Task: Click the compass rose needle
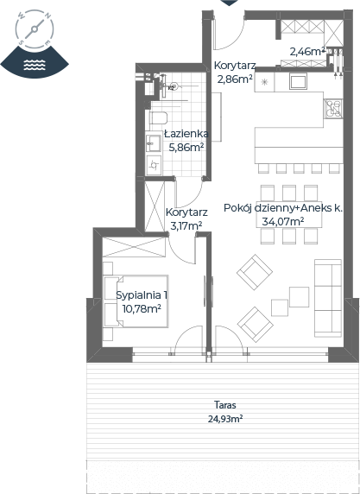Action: point(35,29)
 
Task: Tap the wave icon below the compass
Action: point(35,65)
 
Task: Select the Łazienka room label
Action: point(186,134)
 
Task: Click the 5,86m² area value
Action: point(186,147)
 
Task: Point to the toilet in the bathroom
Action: point(157,118)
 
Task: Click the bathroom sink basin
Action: point(154,143)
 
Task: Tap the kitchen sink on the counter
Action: point(298,81)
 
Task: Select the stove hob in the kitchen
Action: point(333,109)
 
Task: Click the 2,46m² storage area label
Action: point(307,52)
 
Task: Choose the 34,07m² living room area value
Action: point(283,222)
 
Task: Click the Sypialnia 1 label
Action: point(142,295)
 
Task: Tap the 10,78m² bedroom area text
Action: point(142,309)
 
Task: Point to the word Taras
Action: point(224,404)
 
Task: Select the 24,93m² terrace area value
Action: point(224,419)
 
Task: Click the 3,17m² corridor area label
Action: point(186,226)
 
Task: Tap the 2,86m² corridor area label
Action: point(235,79)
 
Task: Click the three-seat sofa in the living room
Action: point(328,298)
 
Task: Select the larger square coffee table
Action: point(299,297)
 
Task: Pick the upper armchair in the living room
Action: point(255,272)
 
